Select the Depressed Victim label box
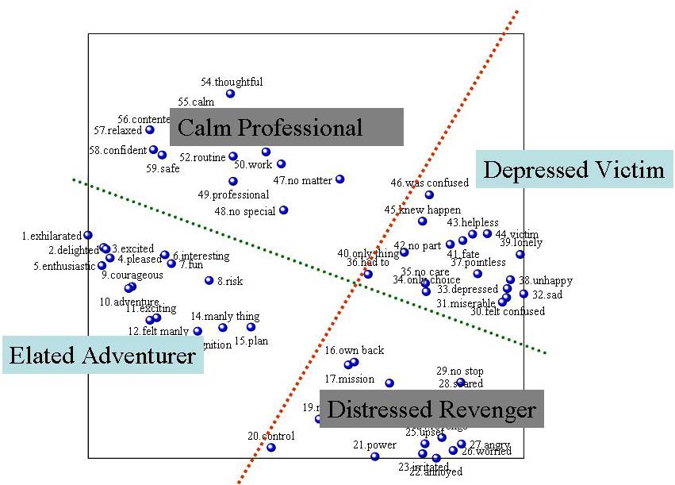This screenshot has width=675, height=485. tap(573, 169)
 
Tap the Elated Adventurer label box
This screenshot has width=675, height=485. tap(102, 355)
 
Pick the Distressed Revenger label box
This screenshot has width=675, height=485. tap(431, 410)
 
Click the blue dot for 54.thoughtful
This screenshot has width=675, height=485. tap(230, 94)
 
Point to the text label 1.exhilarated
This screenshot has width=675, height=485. tap(52, 236)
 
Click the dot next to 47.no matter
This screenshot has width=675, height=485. tap(340, 179)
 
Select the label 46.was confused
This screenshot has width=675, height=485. tap(429, 183)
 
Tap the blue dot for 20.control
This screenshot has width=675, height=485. tap(271, 448)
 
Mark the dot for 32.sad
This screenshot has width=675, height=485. tap(524, 294)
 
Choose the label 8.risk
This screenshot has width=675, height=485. tap(230, 281)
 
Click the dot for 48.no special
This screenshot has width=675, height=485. tap(284, 210)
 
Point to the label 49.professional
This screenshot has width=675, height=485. tap(233, 194)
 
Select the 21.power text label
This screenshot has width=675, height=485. tap(374, 445)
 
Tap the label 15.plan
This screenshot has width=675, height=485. tap(251, 341)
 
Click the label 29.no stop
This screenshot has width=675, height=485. tap(460, 371)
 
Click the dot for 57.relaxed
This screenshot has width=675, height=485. tap(150, 129)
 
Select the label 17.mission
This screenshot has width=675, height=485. tap(350, 379)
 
